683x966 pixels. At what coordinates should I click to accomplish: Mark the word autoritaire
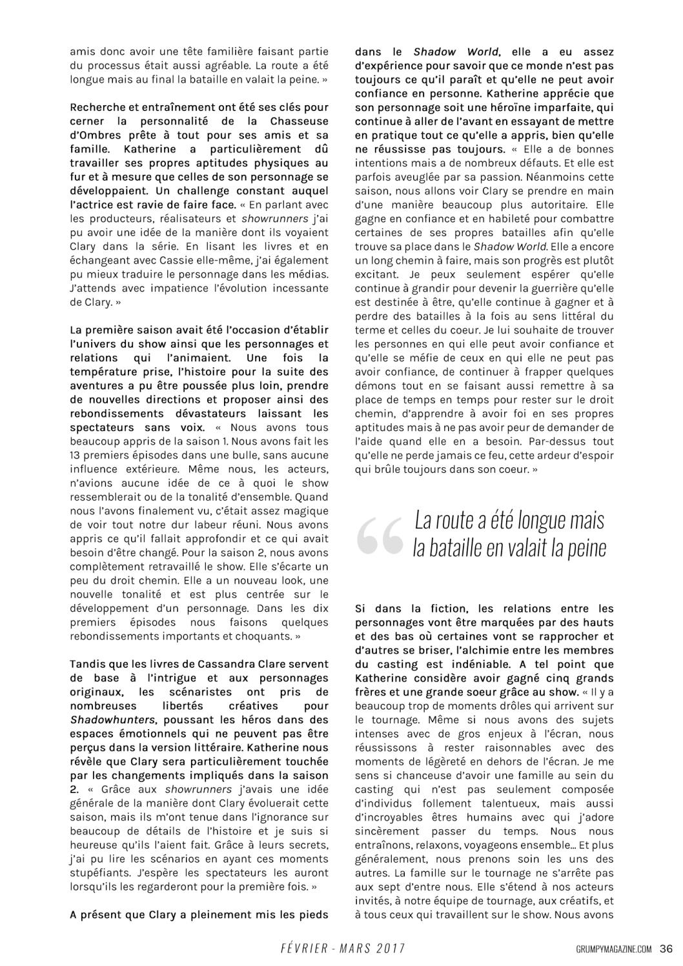pyautogui.click(x=569, y=205)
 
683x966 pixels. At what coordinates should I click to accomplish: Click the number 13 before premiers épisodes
pyautogui.click(x=76, y=455)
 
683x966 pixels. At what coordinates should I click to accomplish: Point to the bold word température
pyautogui.click(x=107, y=372)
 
